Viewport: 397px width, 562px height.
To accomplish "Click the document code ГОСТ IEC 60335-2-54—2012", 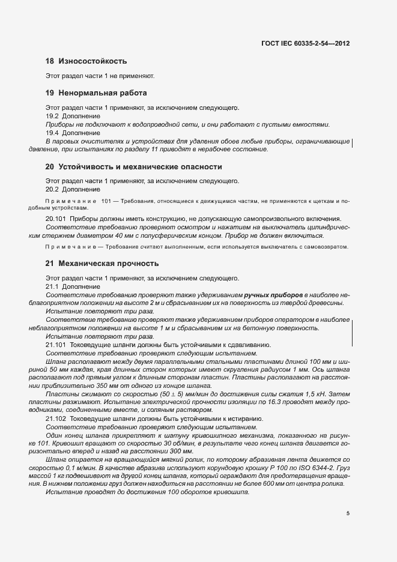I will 305,44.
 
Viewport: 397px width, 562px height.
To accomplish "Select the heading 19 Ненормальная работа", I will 96,93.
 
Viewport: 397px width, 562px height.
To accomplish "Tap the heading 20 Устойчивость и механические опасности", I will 134,166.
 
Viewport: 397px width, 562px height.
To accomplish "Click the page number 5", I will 348,513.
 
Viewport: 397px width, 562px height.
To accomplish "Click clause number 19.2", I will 52,116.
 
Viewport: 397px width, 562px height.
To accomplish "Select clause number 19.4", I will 52,133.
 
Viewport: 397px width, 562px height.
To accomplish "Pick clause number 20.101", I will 56,219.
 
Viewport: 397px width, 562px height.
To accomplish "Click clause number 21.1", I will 52,287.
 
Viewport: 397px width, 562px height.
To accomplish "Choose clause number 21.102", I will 56,418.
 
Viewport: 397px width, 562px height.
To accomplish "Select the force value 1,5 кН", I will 323,393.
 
